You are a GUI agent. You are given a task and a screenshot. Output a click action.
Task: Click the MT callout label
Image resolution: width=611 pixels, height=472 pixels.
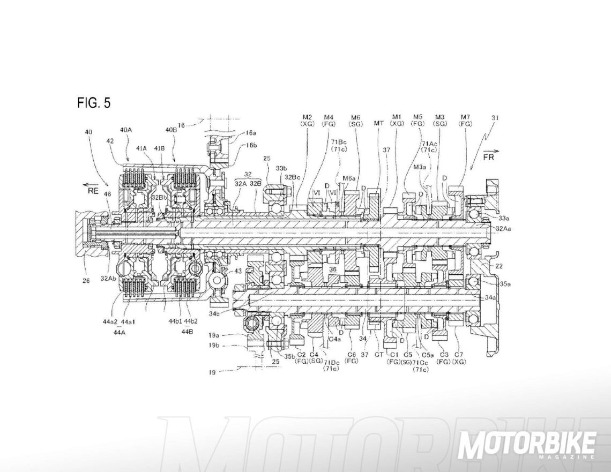click(378, 123)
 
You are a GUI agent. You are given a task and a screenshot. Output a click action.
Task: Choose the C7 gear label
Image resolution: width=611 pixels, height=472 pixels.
click(459, 354)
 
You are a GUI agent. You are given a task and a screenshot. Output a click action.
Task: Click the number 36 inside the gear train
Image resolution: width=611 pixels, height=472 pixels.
click(333, 269)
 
